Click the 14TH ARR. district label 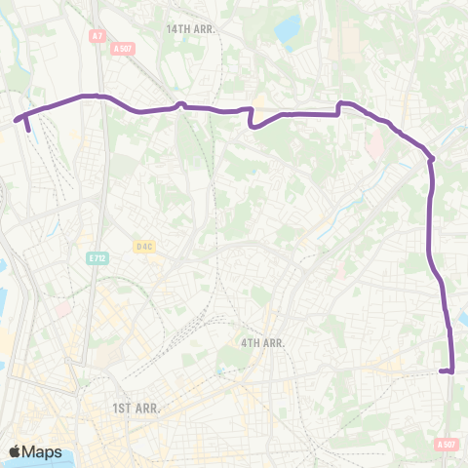click(190, 30)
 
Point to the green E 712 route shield click(97, 258)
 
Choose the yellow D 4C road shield click(144, 247)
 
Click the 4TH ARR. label click(261, 343)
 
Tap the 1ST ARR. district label click(136, 408)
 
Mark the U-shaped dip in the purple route click(253, 122)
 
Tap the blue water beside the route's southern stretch click(461, 318)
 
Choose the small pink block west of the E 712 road click(63, 309)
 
